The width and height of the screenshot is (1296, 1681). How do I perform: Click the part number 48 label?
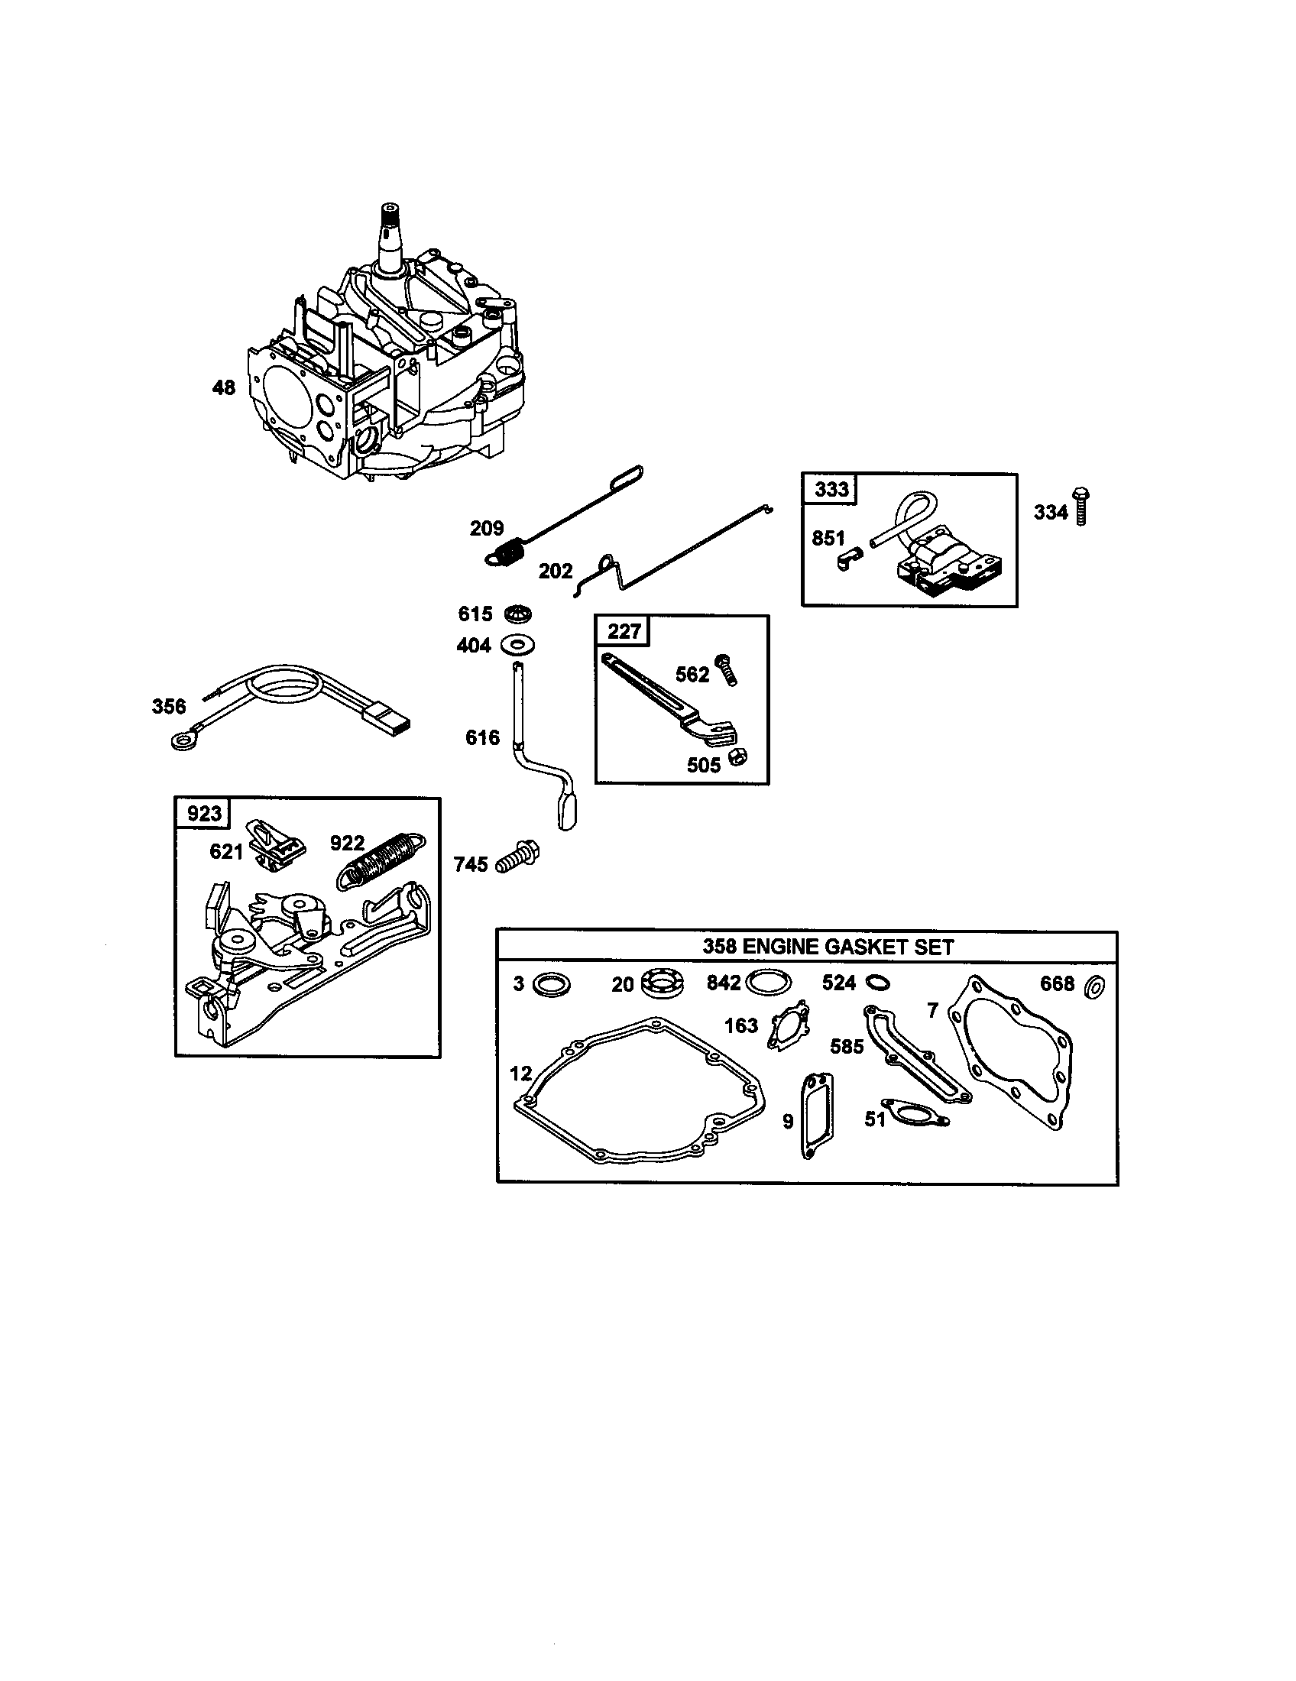[223, 387]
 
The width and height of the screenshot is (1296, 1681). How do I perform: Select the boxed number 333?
[831, 490]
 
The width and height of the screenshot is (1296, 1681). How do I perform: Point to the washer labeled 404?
[518, 643]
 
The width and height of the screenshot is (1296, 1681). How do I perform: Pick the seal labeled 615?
[518, 614]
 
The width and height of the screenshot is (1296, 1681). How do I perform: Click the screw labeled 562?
[726, 669]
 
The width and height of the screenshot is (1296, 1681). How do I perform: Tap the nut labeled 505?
[737, 756]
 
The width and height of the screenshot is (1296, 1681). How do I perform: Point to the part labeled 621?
[276, 846]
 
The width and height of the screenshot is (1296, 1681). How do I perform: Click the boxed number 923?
[204, 814]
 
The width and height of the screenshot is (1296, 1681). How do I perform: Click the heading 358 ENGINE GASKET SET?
[828, 947]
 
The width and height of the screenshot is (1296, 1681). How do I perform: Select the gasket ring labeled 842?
[767, 983]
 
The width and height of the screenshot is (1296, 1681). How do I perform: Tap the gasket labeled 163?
[790, 1025]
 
